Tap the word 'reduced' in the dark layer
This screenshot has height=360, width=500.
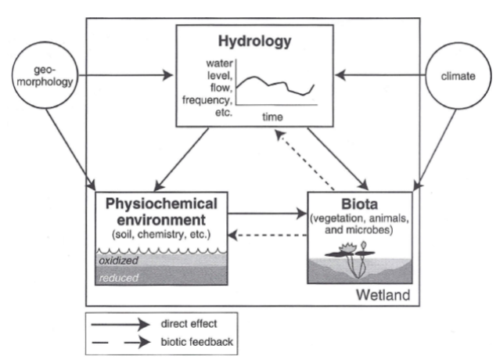(115, 276)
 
